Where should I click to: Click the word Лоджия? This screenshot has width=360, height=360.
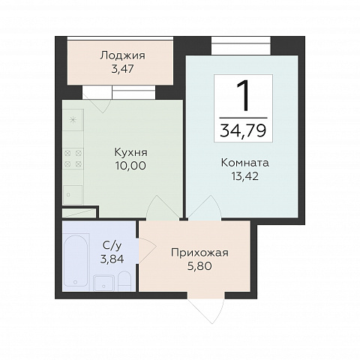pos(122,55)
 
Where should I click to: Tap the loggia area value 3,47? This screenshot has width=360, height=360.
pos(123,69)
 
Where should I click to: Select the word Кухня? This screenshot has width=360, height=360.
pos(130,152)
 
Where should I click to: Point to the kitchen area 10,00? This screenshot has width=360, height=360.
pos(130,166)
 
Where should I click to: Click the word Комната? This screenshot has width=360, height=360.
pos(245,163)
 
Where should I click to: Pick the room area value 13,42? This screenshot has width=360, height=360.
pos(244,176)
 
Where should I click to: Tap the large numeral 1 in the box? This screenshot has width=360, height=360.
pos(243,95)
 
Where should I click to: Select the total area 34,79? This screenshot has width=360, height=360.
pos(243,130)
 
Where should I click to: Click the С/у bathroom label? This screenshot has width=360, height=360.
pos(112,246)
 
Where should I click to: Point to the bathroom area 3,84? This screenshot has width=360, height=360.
pos(112,259)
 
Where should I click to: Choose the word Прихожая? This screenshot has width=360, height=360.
pos(199,253)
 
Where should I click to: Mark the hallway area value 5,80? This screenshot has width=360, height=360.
pos(199,266)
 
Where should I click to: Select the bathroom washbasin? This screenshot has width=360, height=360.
pos(104,283)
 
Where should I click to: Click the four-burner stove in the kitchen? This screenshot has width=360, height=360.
pos(73,158)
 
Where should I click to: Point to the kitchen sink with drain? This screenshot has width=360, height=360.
pos(73,195)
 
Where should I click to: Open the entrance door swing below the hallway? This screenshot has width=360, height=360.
pos(206,310)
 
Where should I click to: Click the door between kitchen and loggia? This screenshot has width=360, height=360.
pos(97,99)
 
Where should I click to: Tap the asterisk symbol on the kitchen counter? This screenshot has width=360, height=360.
pos(73,120)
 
